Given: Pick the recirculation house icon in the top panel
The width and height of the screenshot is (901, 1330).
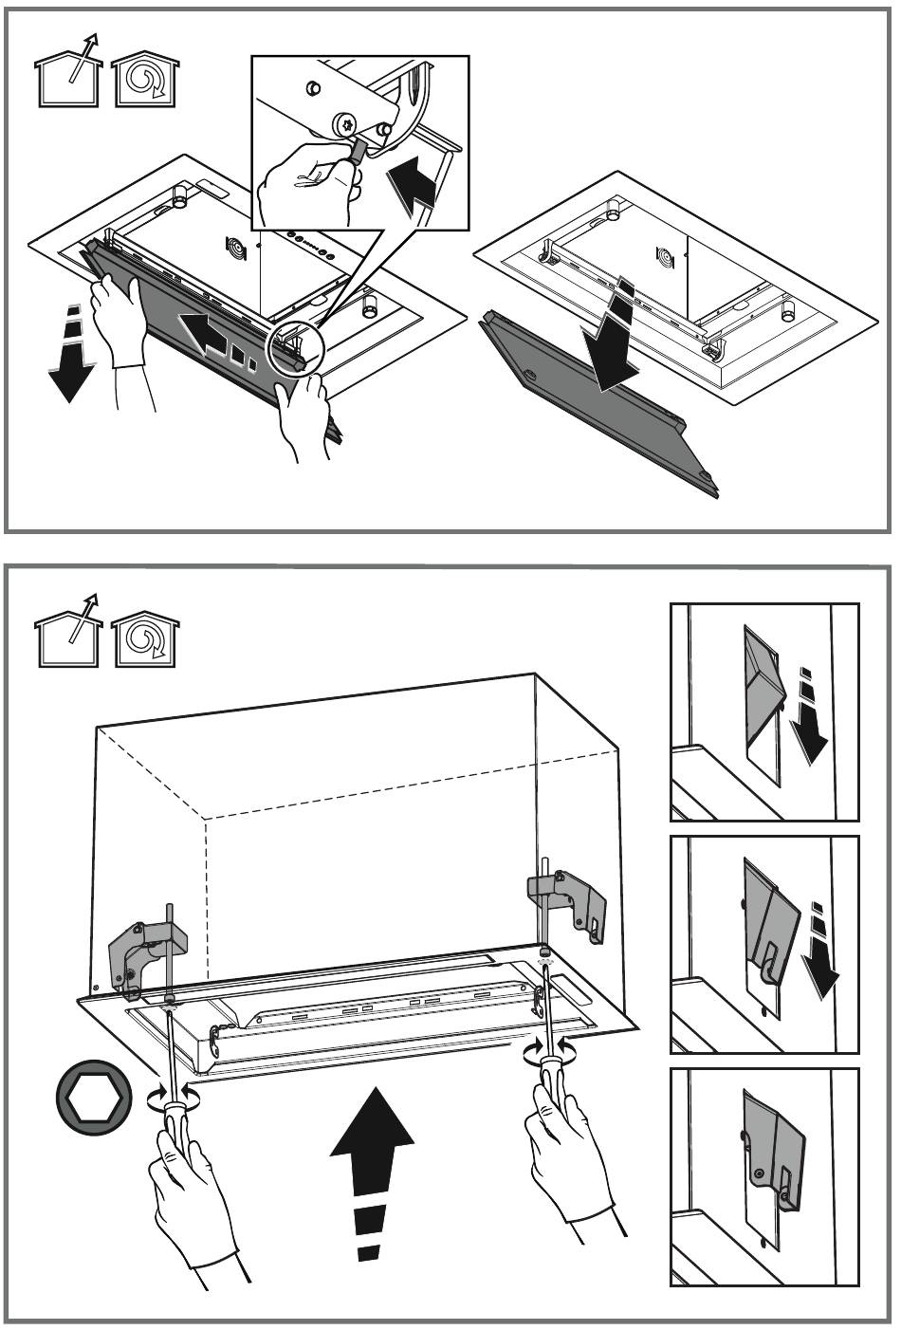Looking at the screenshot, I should pyautogui.click(x=145, y=76).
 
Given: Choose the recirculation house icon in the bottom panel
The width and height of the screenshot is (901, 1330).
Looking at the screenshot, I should pyautogui.click(x=145, y=635).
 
